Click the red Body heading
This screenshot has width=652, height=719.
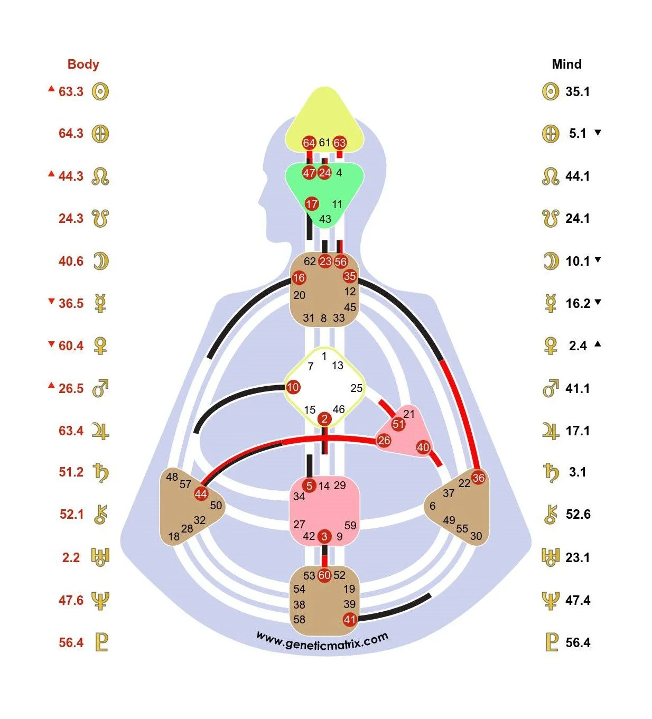pyautogui.click(x=83, y=64)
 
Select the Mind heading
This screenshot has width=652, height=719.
pyautogui.click(x=566, y=64)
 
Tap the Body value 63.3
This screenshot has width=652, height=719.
pyautogui.click(x=71, y=91)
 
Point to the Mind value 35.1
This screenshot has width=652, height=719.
pyautogui.click(x=577, y=91)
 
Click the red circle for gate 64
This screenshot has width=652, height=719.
pyautogui.click(x=309, y=143)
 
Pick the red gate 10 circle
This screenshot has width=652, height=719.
pyautogui.click(x=293, y=387)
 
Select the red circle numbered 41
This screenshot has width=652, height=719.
pyautogui.click(x=350, y=619)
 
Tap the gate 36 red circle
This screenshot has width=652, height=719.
pyautogui.click(x=478, y=478)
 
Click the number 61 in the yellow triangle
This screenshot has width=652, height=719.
pyautogui.click(x=324, y=143)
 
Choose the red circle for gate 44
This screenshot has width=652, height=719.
pyautogui.click(x=201, y=494)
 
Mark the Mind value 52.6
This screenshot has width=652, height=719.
pyautogui.click(x=578, y=514)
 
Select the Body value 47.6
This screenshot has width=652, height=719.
pyautogui.click(x=71, y=600)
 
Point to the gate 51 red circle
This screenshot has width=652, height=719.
pyautogui.click(x=398, y=424)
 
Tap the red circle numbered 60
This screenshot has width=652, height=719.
pyautogui.click(x=324, y=575)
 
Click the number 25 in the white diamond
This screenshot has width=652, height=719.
pyautogui.click(x=356, y=388)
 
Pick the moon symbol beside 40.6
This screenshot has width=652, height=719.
pyautogui.click(x=100, y=261)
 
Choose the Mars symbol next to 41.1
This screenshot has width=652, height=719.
pyautogui.click(x=550, y=389)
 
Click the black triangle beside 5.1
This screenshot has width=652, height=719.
pyautogui.click(x=598, y=133)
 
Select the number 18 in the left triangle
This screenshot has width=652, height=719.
pyautogui.click(x=174, y=537)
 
